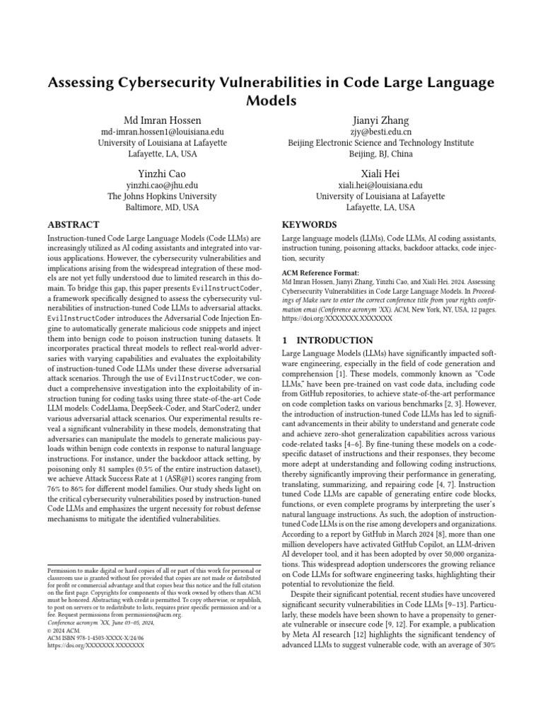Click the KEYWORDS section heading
pos(310,224)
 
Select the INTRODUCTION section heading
pos(327,341)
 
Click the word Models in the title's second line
pos(271,101)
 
